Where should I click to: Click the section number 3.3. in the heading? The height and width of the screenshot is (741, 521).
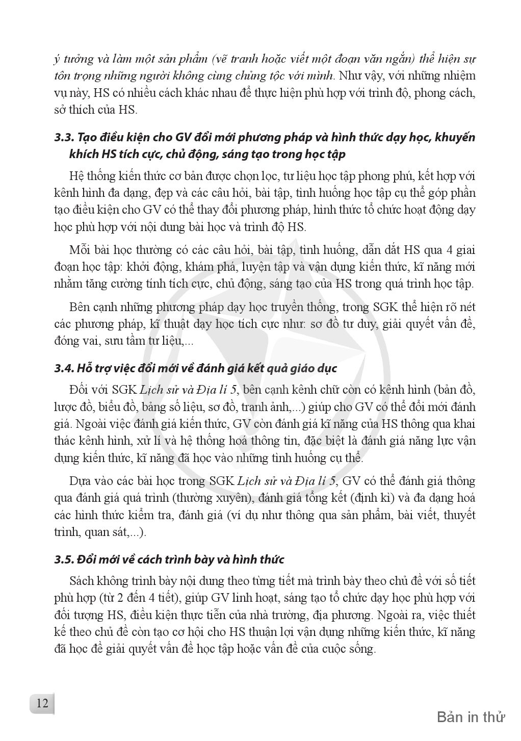pyautogui.click(x=64, y=138)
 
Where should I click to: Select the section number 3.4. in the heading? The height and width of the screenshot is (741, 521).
pyautogui.click(x=64, y=368)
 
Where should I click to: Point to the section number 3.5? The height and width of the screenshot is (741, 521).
pyautogui.click(x=64, y=559)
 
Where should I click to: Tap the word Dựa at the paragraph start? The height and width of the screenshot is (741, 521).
pyautogui.click(x=80, y=481)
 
